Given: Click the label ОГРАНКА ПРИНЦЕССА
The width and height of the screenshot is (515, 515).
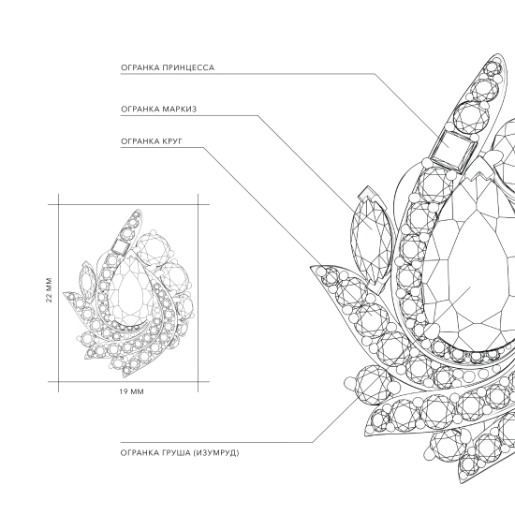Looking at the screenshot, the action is pyautogui.click(x=168, y=67).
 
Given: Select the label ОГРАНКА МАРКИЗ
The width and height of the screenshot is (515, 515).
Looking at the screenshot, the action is pyautogui.click(x=158, y=109).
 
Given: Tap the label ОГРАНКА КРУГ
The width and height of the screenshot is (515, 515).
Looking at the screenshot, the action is pyautogui.click(x=152, y=141).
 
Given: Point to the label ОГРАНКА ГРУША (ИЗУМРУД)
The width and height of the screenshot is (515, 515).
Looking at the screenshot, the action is pyautogui.click(x=180, y=453).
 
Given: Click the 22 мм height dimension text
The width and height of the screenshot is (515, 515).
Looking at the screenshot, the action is pyautogui.click(x=49, y=290).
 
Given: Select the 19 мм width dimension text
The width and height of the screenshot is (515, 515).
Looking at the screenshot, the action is pyautogui.click(x=131, y=391).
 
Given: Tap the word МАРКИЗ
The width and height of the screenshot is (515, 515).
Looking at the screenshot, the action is pyautogui.click(x=180, y=109).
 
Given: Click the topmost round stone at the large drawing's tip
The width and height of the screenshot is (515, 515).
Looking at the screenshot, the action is pyautogui.click(x=493, y=69).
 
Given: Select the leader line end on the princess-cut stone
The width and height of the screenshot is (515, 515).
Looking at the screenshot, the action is pyautogui.click(x=448, y=147).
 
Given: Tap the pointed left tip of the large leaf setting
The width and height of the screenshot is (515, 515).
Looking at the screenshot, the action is pyautogui.click(x=311, y=267).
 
